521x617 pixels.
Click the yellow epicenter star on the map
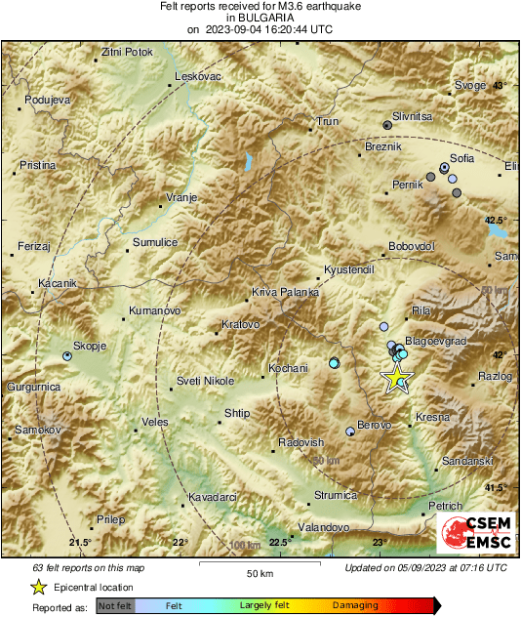(x=397, y=379)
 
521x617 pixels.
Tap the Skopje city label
(x=89, y=347)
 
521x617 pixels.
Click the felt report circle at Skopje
(x=67, y=356)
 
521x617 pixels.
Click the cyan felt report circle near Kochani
(x=335, y=363)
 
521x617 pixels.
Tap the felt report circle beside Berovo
(x=350, y=431)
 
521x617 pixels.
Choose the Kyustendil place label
(x=348, y=268)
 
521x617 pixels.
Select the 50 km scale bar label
(x=259, y=572)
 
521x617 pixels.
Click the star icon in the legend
(x=38, y=587)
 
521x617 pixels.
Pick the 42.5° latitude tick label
(x=498, y=220)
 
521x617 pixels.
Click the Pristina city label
(x=38, y=166)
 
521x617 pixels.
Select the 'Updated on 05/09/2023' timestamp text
(x=425, y=567)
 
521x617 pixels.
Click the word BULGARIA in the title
(x=260, y=18)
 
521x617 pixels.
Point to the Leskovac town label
(x=198, y=76)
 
